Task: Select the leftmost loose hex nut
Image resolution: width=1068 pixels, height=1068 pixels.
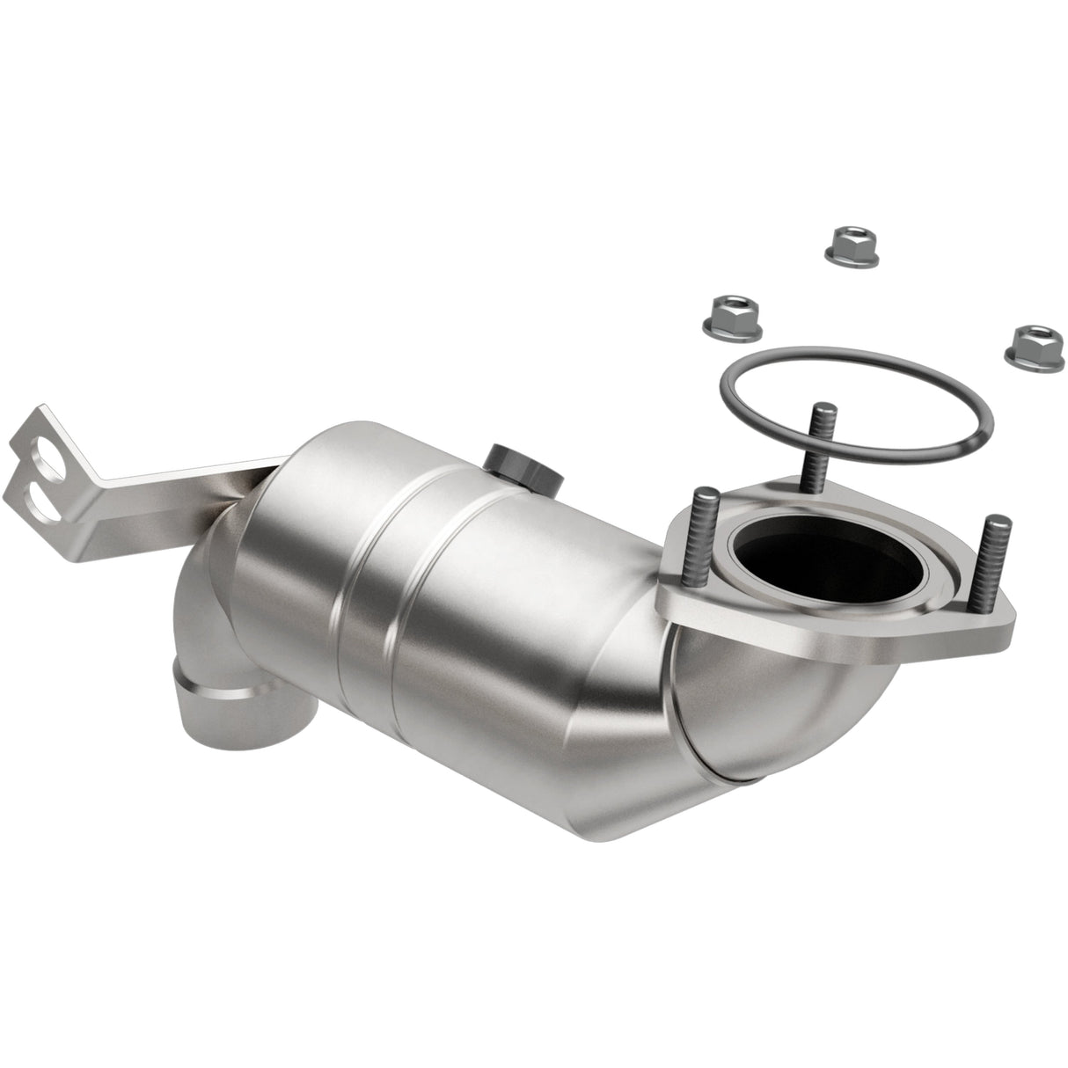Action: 734,314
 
